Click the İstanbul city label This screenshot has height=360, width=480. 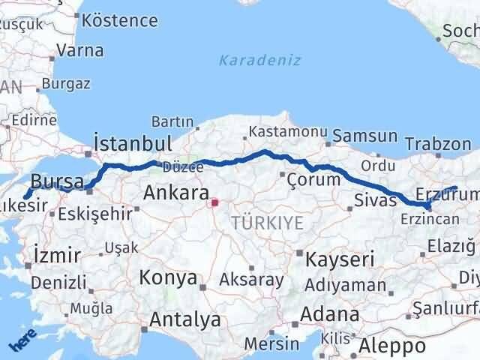132,142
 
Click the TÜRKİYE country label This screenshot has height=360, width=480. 267,222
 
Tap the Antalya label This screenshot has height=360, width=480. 184,319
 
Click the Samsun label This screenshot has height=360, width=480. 364,136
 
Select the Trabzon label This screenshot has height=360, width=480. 437,142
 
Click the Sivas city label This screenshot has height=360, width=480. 374,200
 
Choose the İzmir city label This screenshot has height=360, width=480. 56,255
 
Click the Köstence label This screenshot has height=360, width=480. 120,20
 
